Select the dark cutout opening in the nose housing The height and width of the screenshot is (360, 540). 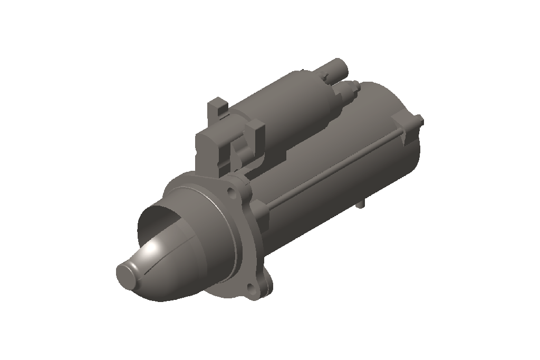(158, 216)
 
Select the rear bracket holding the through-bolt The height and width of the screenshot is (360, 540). (409, 132)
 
